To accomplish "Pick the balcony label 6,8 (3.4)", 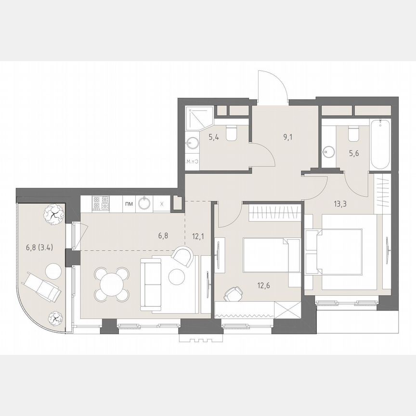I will (39, 249).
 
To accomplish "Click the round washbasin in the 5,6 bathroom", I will (329, 151).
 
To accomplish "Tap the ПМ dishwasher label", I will (129, 204).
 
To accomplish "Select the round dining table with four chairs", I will (112, 283).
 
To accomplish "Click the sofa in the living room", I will (152, 285).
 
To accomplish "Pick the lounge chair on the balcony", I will (44, 286).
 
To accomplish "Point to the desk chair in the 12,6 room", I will (233, 293).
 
